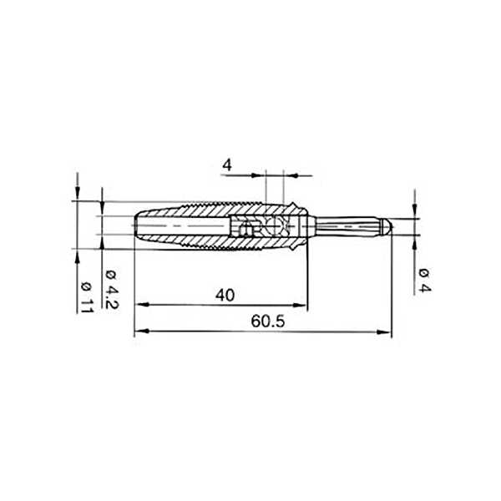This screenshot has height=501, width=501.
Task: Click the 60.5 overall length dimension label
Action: pos(267,321)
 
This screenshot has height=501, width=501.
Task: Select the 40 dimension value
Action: pos(225,296)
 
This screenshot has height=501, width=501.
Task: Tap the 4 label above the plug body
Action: pos(227,165)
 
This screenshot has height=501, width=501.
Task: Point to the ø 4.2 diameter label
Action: pos(112,290)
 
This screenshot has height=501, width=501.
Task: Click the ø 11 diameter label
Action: pos(86,298)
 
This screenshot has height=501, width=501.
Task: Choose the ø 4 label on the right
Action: pos(425,281)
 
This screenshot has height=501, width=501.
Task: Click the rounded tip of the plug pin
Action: pos(387,226)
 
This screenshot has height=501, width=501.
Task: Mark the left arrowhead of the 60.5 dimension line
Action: pos(142,331)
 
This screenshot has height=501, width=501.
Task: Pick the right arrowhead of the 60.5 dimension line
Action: pos(383,331)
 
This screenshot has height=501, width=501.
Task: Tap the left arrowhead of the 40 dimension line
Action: pos(142,305)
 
